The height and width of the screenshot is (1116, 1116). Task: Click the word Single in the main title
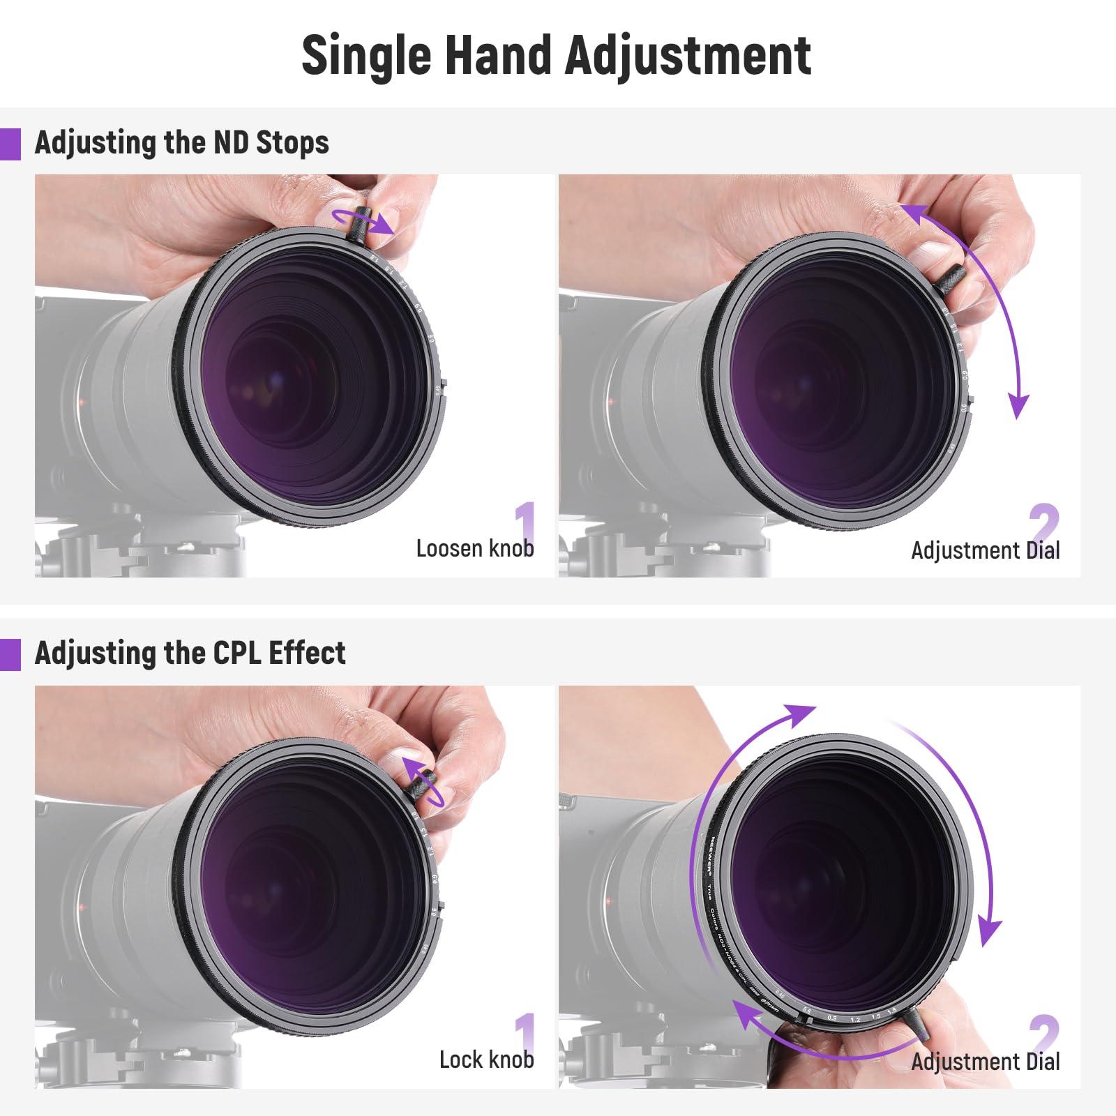pos(367,56)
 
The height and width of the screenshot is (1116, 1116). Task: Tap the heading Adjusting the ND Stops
pos(181,143)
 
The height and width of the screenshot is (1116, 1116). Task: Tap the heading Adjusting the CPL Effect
pos(190,654)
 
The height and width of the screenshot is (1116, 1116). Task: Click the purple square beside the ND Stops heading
pos(10,144)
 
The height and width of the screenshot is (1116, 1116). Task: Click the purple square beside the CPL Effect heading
pos(10,655)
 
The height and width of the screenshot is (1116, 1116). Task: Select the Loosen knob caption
pos(474,548)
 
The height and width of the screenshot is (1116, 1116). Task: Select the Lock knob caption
pos(486,1060)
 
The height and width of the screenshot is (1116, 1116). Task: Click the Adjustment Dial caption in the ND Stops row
pos(985,550)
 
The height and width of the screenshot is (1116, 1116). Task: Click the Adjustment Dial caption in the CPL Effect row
pos(985,1062)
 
